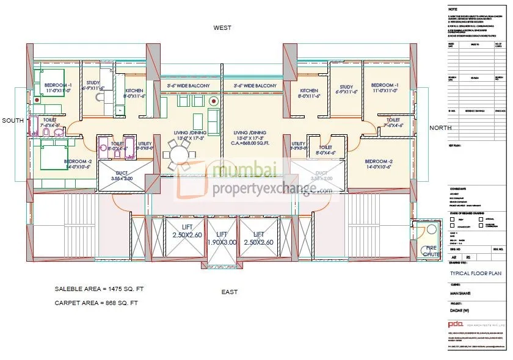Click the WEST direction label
pyautogui.click(x=222, y=28)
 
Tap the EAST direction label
pyautogui.click(x=230, y=292)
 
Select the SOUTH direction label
pyautogui.click(x=12, y=121)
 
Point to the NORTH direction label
pyautogui.click(x=440, y=128)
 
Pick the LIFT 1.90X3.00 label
pyautogui.click(x=222, y=238)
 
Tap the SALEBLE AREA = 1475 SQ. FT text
pyautogui.click(x=100, y=289)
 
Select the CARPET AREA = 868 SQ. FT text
pyautogui.click(x=96, y=302)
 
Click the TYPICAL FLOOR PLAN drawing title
pyautogui.click(x=476, y=274)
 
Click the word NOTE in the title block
pyautogui.click(x=453, y=10)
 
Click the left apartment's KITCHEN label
pyautogui.click(x=134, y=93)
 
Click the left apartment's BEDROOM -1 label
pyautogui.click(x=57, y=87)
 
